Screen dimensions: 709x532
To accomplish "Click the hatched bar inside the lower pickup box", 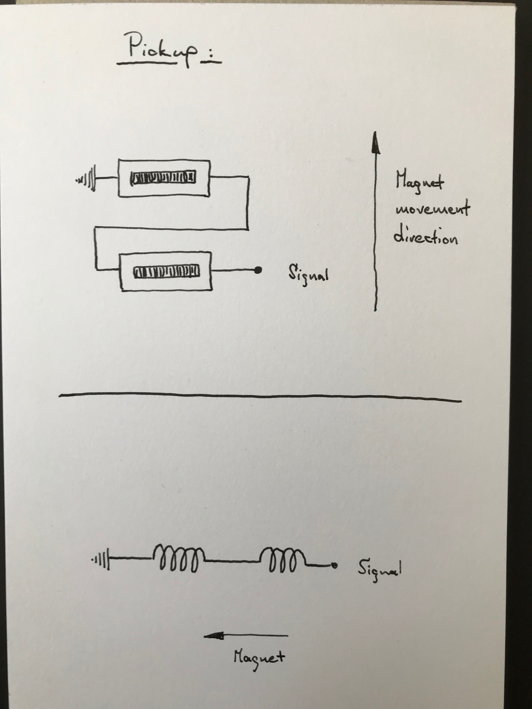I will point(166,271).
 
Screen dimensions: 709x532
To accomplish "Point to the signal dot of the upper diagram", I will point(258,270).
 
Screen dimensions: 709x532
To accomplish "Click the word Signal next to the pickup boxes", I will point(308,274).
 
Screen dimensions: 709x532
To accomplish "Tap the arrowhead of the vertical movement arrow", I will point(375,143).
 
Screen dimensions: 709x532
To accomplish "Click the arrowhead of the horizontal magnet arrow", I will point(213,635).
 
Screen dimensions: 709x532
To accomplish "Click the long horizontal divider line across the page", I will point(260,397).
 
